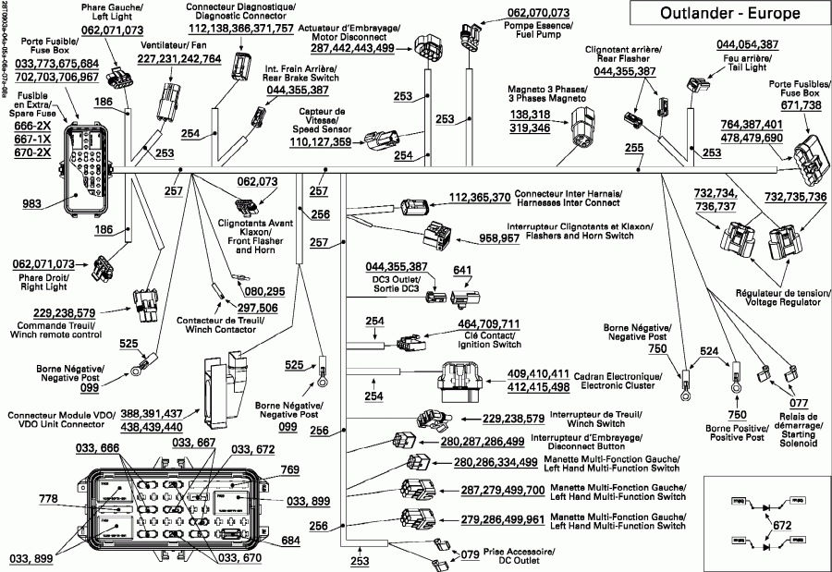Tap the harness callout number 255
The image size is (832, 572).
click(x=634, y=148)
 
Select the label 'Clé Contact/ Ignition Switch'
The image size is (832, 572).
click(x=488, y=340)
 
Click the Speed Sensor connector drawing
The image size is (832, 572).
click(x=382, y=140)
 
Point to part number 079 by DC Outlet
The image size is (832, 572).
click(x=471, y=554)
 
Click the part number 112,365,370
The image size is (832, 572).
click(x=479, y=197)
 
